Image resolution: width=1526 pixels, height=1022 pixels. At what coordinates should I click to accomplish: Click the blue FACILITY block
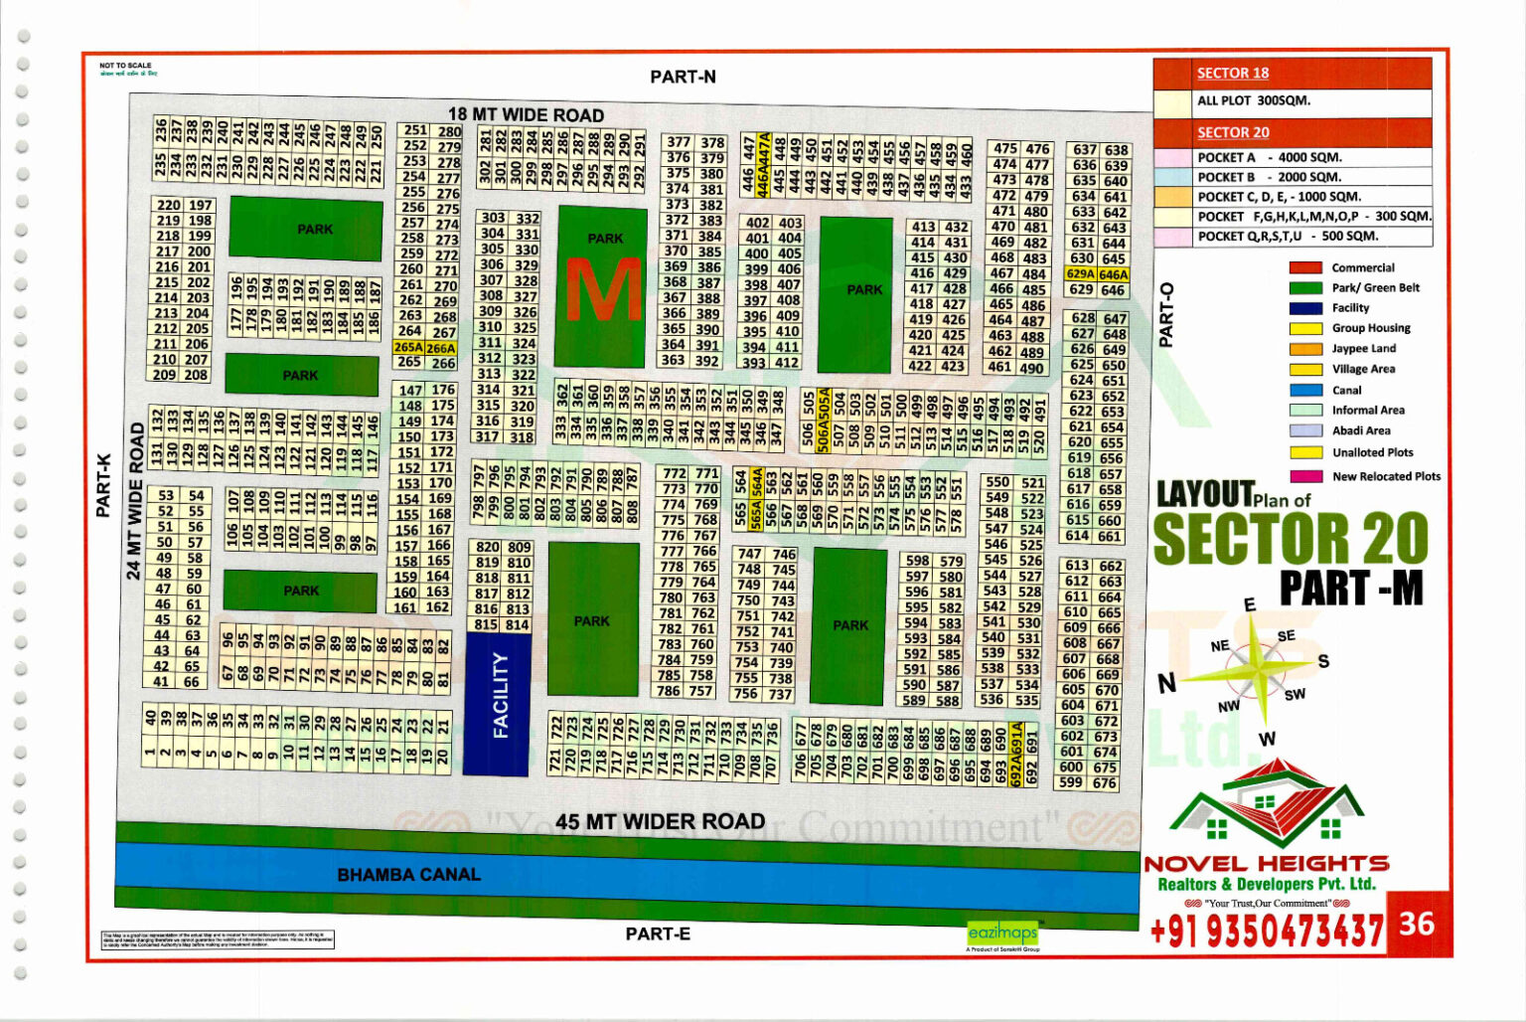click(499, 704)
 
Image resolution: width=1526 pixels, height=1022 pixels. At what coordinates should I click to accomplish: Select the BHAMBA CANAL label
click(408, 875)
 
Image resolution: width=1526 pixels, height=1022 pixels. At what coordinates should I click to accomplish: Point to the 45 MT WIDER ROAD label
click(660, 821)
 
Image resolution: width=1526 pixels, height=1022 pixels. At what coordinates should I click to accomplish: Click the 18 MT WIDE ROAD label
click(526, 114)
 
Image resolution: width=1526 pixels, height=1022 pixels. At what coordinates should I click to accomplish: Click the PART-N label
click(683, 77)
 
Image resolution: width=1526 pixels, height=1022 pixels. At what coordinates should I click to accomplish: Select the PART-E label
click(658, 934)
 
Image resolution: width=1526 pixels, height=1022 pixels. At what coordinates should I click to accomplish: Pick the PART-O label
click(1166, 315)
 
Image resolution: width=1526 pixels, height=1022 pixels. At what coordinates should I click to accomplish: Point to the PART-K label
click(103, 485)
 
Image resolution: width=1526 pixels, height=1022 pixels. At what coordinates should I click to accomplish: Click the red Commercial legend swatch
click(1305, 267)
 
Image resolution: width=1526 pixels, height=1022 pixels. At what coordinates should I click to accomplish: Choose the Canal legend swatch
click(1305, 390)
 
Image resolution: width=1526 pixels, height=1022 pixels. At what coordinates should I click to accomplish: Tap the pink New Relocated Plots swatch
click(1305, 476)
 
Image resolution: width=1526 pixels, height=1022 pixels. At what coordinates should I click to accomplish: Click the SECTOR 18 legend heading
click(1232, 73)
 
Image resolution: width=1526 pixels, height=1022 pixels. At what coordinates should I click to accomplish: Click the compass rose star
click(1255, 664)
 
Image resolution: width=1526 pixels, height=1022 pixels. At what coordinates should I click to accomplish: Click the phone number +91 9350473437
click(1266, 931)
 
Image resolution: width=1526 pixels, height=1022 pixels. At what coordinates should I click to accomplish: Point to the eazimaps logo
click(1002, 933)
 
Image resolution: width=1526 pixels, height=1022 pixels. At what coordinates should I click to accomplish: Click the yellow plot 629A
click(1080, 274)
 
